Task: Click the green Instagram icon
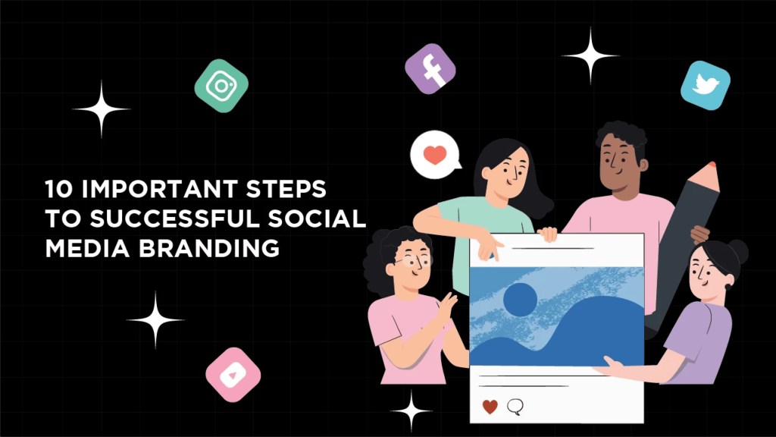click(x=221, y=86)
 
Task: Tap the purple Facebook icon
click(x=430, y=69)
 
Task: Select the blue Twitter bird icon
click(x=706, y=85)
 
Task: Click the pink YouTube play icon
click(x=233, y=375)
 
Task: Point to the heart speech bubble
click(x=435, y=155)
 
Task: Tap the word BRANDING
click(x=209, y=248)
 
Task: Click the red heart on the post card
click(x=490, y=407)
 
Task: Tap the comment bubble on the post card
click(x=515, y=407)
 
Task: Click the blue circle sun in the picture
click(x=520, y=299)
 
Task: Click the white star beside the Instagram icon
click(x=102, y=109)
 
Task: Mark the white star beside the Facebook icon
click(x=590, y=55)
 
